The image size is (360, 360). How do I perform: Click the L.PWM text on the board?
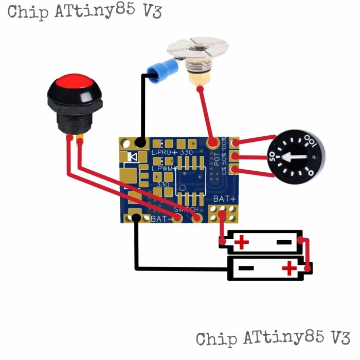pyautogui.click(x=164, y=168)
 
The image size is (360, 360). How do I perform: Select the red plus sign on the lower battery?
pyautogui.click(x=290, y=267)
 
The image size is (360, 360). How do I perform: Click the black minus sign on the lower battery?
pyautogui.click(x=246, y=268)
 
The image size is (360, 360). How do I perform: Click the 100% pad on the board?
pyautogui.click(x=236, y=143)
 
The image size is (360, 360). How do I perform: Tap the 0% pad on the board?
pyautogui.click(x=236, y=170)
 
